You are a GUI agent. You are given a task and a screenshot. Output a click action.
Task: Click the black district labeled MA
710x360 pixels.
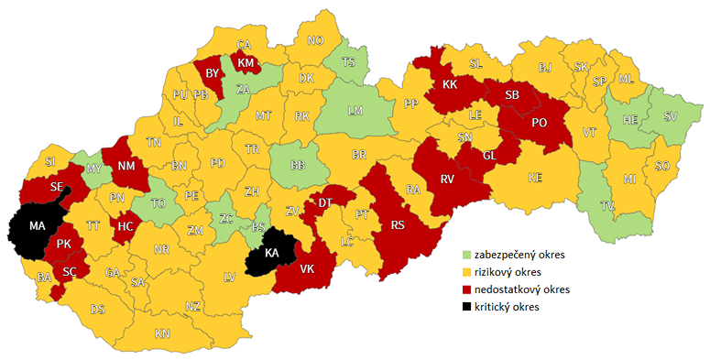[x=38, y=225]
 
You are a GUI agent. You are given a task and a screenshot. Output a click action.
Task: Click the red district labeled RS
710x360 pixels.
[x=398, y=225]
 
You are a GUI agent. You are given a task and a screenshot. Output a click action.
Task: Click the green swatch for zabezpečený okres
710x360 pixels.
[x=466, y=256]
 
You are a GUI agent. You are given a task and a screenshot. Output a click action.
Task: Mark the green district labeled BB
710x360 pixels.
[x=298, y=165]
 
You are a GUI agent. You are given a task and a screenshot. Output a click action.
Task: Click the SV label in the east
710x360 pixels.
[x=671, y=116]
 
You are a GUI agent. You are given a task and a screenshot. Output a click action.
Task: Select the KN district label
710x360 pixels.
[x=162, y=333]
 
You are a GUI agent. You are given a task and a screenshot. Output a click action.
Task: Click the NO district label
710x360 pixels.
[x=315, y=41]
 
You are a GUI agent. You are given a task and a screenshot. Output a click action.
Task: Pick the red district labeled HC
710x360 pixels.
[x=125, y=225]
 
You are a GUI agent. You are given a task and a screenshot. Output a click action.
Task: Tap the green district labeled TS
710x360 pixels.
[x=348, y=62]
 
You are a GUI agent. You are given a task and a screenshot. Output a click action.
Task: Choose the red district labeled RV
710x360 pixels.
[x=447, y=180]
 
